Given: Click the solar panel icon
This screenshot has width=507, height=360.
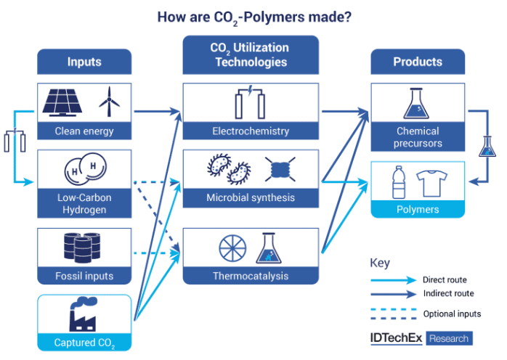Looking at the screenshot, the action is [x=62, y=102].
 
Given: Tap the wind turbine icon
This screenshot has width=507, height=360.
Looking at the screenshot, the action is [x=109, y=102].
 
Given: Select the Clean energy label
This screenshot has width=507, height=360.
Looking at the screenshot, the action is [x=84, y=131].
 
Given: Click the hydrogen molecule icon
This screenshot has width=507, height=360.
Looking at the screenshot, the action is [x=86, y=168].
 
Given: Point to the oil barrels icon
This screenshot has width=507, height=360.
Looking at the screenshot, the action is [x=82, y=247].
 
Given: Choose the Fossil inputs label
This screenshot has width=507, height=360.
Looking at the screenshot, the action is [x=84, y=276].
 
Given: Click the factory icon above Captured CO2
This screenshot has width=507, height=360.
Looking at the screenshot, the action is [x=83, y=314].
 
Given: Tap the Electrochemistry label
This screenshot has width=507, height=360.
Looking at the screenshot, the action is [x=251, y=131].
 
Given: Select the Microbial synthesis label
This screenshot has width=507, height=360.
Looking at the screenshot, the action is [x=251, y=197].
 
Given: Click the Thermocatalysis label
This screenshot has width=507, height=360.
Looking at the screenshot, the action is [x=251, y=276].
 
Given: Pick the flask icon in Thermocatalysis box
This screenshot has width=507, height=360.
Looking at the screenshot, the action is [x=268, y=248].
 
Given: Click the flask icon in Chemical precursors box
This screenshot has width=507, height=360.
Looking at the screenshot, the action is [x=416, y=103].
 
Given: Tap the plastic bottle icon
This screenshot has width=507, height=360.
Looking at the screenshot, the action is [x=399, y=182].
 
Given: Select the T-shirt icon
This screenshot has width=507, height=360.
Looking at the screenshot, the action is [x=431, y=184].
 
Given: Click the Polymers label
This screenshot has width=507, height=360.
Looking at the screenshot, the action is [x=418, y=210].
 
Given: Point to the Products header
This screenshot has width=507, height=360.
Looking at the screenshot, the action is [x=418, y=62].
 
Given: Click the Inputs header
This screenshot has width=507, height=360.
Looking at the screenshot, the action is [x=84, y=62].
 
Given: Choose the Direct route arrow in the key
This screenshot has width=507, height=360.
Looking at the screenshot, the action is [x=393, y=280].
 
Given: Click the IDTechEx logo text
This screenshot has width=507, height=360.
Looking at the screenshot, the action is [x=396, y=338].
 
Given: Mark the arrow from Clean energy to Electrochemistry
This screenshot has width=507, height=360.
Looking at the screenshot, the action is [x=158, y=112].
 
